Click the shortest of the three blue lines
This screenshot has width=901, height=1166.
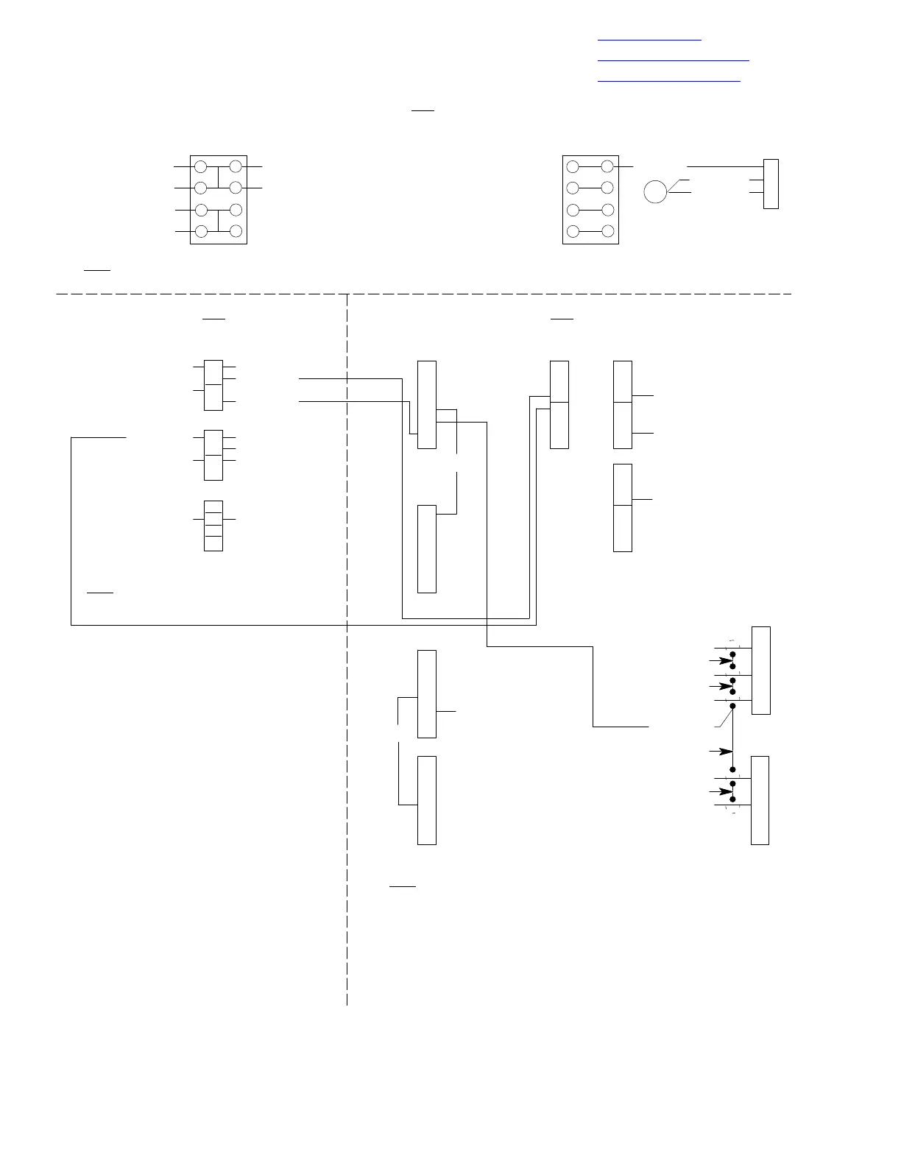649,38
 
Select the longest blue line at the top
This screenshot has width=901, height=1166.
673,59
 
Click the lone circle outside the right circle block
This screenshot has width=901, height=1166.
655,191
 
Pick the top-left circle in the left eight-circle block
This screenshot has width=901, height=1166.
200,167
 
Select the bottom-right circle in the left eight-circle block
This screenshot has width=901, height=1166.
236,231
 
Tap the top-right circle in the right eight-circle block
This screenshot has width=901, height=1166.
607,167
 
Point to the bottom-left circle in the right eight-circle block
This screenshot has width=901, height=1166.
573,231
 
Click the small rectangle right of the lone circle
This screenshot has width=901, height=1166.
771,184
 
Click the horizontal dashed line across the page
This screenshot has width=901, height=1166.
424,294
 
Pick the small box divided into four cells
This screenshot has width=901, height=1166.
213,526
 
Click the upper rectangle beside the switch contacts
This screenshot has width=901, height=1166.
760,671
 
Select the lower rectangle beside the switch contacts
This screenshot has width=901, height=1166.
760,800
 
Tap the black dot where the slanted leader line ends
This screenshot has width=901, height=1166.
733,706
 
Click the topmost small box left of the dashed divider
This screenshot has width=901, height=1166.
213,385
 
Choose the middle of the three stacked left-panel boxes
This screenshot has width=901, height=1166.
213,455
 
